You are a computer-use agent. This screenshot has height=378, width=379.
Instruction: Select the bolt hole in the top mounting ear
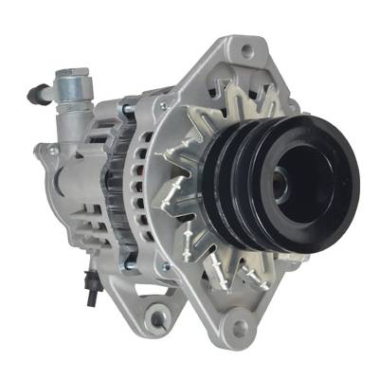[x=247, y=47]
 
